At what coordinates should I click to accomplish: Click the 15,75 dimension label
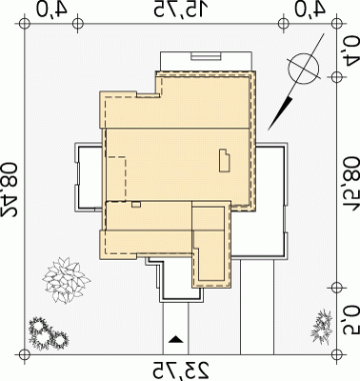[x=182, y=9]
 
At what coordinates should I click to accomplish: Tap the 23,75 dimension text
[x=182, y=370]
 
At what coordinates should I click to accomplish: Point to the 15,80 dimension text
[x=350, y=187]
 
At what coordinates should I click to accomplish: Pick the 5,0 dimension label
[x=350, y=321]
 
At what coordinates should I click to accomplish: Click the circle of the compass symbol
[x=303, y=69]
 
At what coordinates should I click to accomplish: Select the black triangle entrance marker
[x=175, y=339]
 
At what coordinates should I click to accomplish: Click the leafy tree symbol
[x=67, y=280]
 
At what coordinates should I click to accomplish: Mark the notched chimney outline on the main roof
[x=225, y=160]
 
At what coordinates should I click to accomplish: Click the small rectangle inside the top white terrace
[x=206, y=56]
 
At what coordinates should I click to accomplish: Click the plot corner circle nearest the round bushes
[x=23, y=353]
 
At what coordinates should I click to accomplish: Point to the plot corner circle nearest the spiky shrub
[x=336, y=353]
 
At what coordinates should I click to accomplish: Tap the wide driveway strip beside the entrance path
[x=257, y=306]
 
